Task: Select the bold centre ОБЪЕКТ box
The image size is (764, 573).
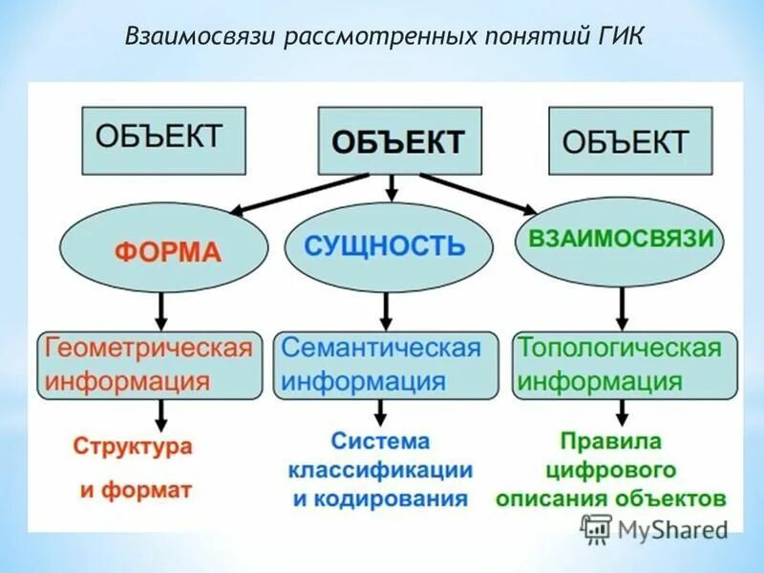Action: click(398, 141)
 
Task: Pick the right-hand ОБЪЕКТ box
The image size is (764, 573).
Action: click(629, 140)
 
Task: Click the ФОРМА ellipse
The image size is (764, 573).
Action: click(163, 251)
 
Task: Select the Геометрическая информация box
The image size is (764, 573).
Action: click(150, 365)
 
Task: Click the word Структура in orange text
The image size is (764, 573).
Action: click(133, 446)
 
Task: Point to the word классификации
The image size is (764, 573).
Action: click(381, 470)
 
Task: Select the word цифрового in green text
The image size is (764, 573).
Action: click(610, 470)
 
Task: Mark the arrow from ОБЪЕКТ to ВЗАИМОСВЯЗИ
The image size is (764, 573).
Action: click(477, 192)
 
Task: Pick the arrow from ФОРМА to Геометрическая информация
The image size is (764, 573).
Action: click(162, 308)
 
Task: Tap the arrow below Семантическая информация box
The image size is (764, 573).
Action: click(382, 413)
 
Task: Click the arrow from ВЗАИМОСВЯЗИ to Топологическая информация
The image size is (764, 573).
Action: click(622, 308)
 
